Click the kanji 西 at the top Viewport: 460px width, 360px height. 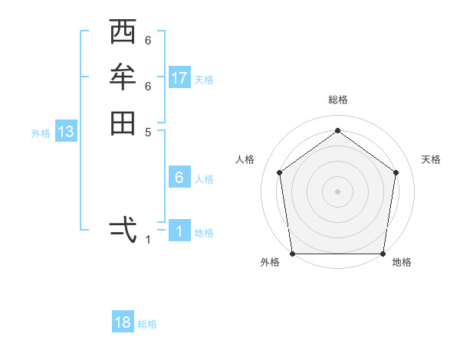pos(123,33)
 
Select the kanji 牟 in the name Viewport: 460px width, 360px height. pos(123,77)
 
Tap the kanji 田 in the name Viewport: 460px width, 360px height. pos(123,123)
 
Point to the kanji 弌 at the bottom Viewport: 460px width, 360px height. pos(123,228)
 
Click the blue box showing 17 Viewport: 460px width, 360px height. pos(179,78)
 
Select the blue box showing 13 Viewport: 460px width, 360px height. pos(66,132)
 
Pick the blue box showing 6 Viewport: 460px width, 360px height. pos(179,178)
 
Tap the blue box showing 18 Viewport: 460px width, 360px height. pos(123,322)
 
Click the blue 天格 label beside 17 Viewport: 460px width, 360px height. pos(204,80)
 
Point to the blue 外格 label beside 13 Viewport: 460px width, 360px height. pos(41,133)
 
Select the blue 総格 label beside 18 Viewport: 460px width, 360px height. pos(147,324)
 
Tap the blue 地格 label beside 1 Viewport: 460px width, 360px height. pos(204,233)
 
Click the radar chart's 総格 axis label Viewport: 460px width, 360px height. pos(337,100)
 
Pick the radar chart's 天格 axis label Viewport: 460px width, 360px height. pos(431,159)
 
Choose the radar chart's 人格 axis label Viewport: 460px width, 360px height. pos(245,159)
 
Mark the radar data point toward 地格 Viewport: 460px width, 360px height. pos(383,254)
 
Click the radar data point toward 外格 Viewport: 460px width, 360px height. pos(292,254)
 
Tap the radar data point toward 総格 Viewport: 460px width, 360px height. pos(337,130)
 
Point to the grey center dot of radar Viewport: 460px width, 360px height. pos(337,191)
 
